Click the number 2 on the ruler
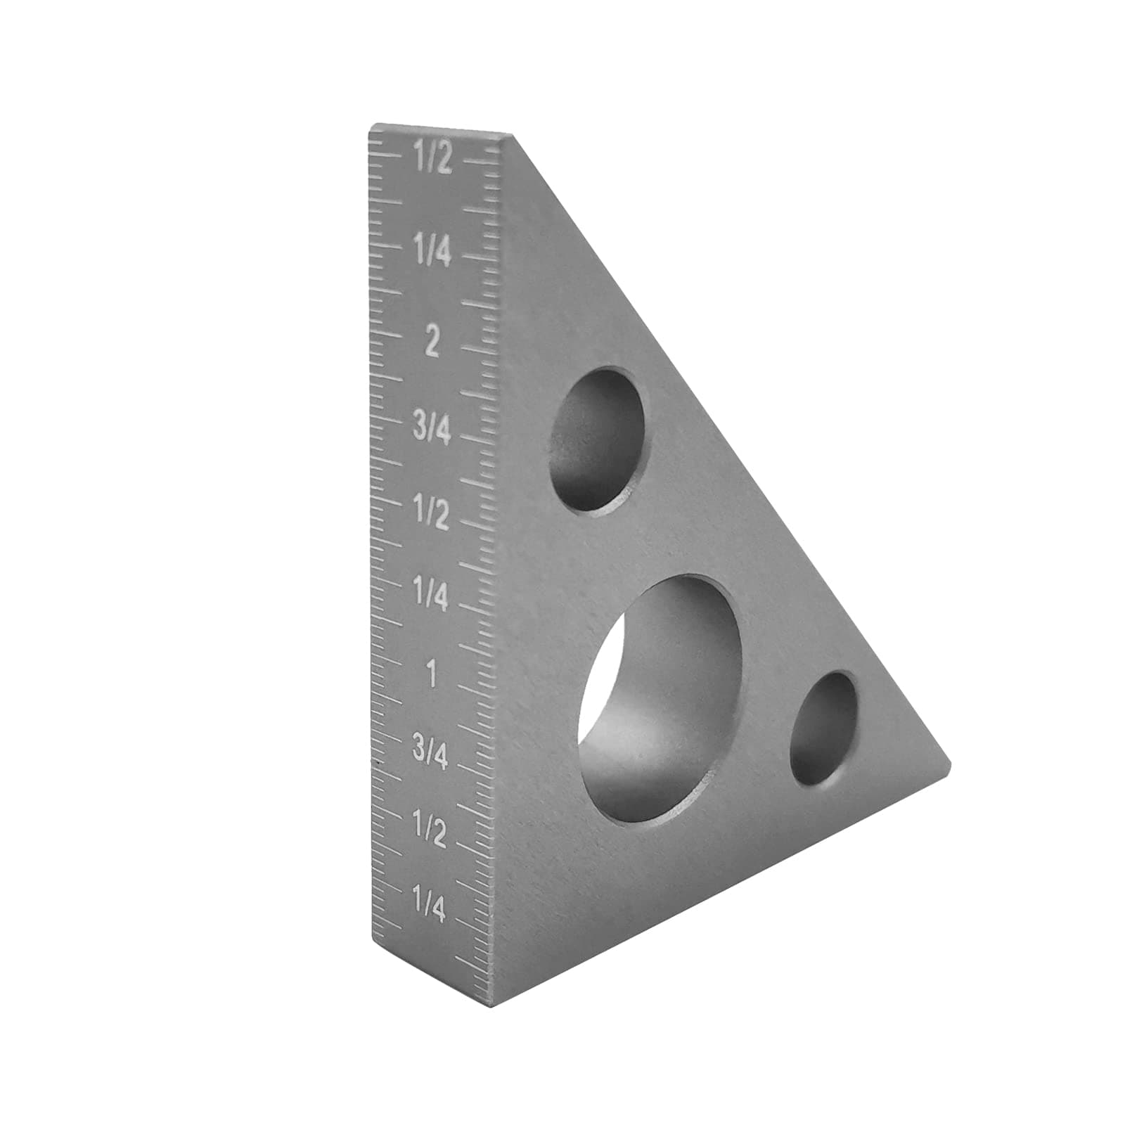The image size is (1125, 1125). [432, 343]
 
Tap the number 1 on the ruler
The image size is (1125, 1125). [432, 676]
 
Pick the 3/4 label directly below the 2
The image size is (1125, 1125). [431, 427]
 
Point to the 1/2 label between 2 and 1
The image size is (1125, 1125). [431, 515]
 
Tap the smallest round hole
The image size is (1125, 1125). [823, 728]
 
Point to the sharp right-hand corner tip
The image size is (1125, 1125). [949, 764]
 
